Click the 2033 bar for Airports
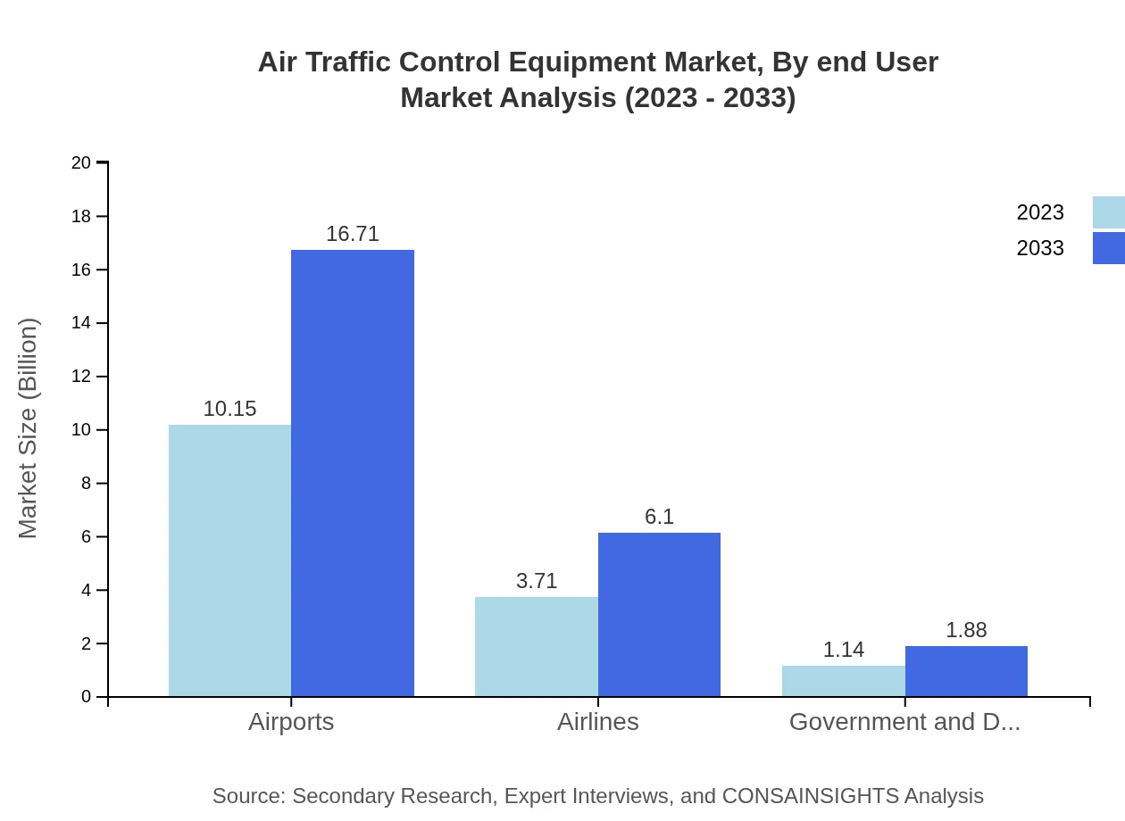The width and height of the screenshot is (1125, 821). [353, 473]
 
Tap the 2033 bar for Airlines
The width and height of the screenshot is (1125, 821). [659, 615]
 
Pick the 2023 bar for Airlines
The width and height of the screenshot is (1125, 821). [537, 647]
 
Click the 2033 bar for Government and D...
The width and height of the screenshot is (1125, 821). [966, 671]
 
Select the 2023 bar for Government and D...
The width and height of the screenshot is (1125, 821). [844, 681]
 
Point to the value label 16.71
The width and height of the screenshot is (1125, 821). [353, 234]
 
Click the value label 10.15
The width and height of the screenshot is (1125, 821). [229, 409]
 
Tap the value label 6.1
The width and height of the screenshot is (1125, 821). [659, 517]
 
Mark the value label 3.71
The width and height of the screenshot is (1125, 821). [537, 581]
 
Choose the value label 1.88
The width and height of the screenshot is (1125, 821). [966, 630]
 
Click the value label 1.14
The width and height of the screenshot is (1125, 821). [844, 650]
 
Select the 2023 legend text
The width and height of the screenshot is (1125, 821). [1040, 212]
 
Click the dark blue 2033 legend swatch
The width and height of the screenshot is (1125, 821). [1109, 248]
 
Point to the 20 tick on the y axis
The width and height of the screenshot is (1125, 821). [81, 162]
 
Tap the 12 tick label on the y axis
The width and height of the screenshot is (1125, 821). [81, 377]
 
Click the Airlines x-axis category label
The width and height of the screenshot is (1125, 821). [598, 722]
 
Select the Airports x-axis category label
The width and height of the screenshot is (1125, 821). [291, 722]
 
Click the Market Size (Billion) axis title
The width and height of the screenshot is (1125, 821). [28, 428]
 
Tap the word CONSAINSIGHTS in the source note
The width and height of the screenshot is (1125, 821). [810, 796]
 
